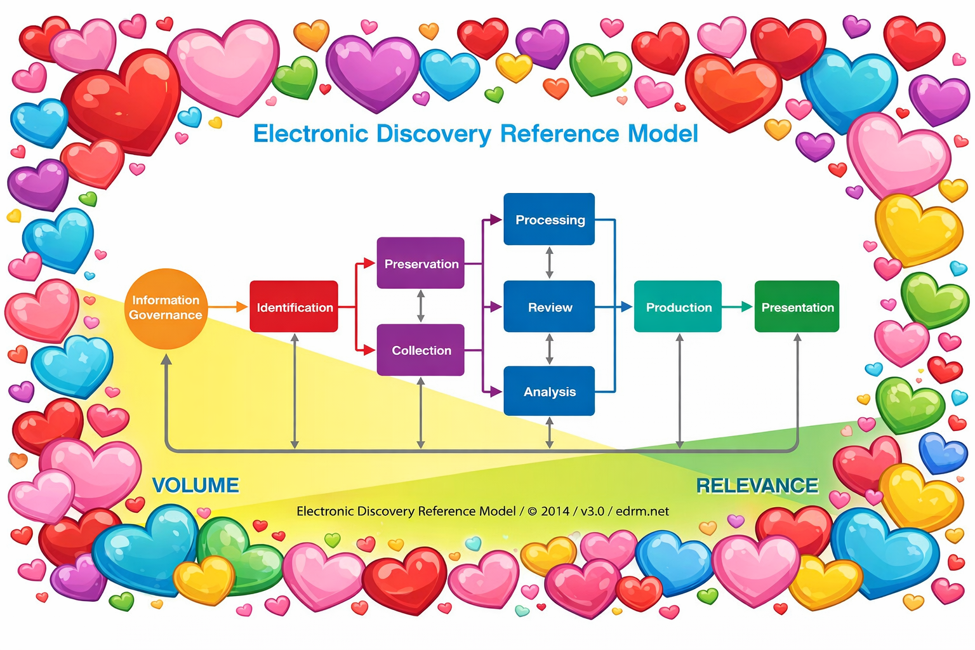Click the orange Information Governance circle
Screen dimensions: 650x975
coord(166,308)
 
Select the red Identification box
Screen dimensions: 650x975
coord(294,307)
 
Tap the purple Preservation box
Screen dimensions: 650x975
coord(421,263)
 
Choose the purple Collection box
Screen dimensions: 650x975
coord(421,350)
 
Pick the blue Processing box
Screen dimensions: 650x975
coord(549,220)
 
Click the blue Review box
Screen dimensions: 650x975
coord(549,307)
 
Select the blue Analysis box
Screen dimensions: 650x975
coord(549,392)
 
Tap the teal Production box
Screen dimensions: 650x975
coord(678,307)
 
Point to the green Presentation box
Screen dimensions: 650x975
coord(797,307)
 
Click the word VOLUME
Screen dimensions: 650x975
coord(196,486)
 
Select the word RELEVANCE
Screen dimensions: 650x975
coord(757,486)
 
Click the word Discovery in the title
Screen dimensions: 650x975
coord(434,134)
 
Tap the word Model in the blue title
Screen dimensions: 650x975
coord(663,134)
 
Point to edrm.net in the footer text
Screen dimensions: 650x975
coord(642,511)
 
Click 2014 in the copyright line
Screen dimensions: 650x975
coord(555,511)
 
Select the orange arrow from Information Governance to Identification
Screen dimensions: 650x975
coord(228,307)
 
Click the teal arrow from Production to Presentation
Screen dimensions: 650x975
coord(738,307)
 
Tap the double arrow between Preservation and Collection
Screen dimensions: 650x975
coord(421,307)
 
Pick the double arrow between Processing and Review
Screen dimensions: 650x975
coord(550,263)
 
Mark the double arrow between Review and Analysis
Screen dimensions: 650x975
coord(550,349)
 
